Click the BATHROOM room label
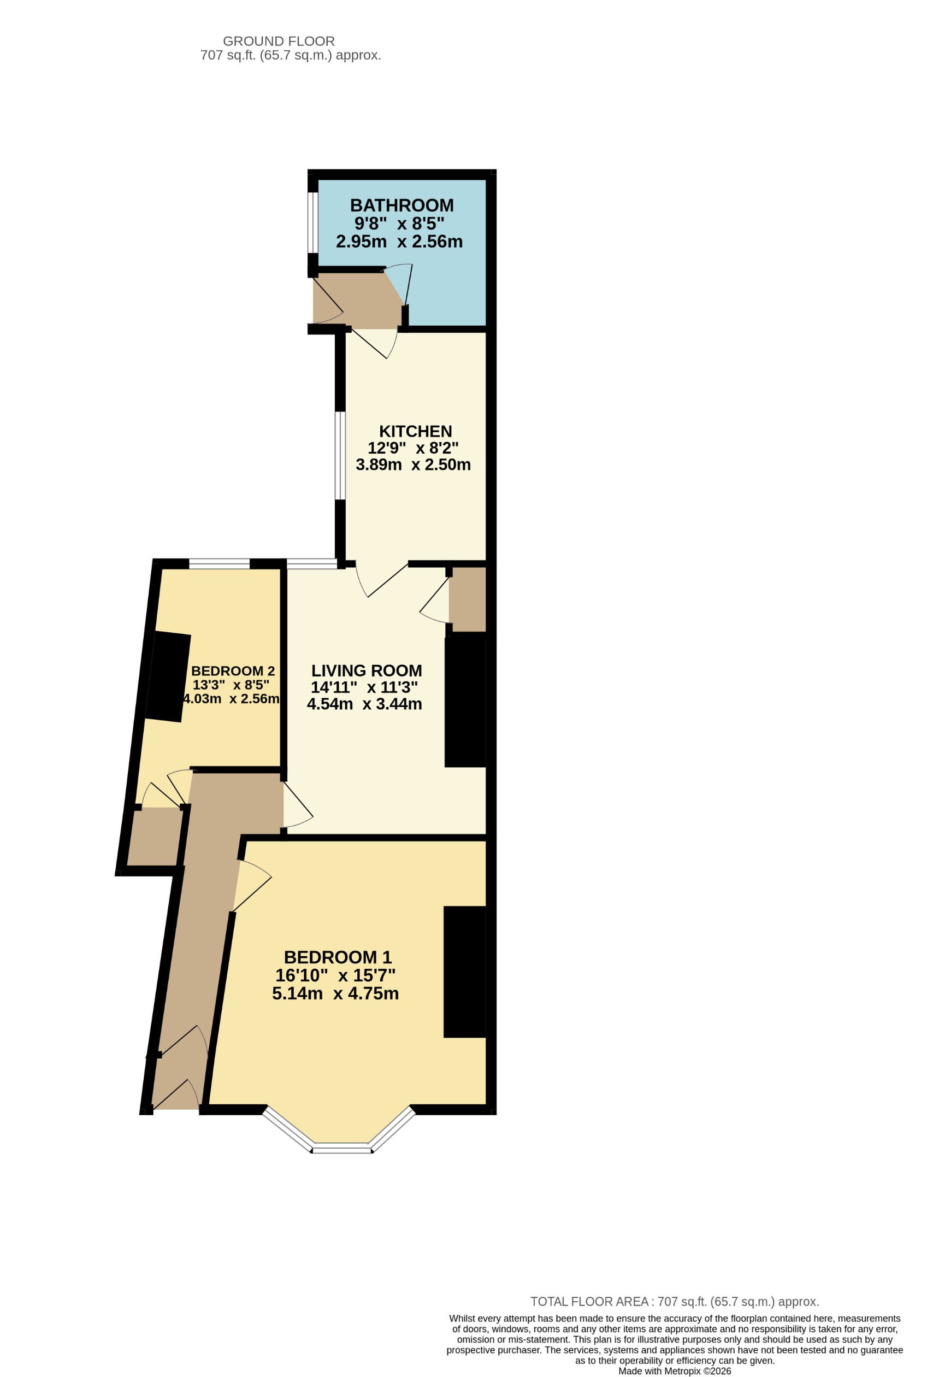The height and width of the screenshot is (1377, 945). [x=401, y=205]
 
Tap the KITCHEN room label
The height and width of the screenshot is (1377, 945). [x=415, y=431]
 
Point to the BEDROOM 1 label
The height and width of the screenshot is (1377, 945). [x=338, y=957]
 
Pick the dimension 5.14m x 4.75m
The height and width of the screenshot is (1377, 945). [x=335, y=993]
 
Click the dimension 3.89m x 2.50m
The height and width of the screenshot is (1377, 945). [x=413, y=464]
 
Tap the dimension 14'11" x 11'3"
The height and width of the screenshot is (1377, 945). [x=364, y=687]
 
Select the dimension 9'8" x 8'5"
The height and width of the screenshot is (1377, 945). [x=399, y=223]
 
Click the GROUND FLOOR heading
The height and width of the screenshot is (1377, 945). [x=279, y=42]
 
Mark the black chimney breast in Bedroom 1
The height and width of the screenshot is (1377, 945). [x=465, y=972]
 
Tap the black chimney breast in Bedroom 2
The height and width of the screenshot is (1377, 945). [x=168, y=676]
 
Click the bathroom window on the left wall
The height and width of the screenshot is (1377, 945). [x=313, y=222]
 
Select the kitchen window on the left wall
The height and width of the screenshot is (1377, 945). [x=340, y=456]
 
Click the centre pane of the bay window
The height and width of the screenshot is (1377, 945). [x=342, y=1150]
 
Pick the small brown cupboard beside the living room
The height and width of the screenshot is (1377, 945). [x=468, y=599]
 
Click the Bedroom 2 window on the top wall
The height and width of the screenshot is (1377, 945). [x=219, y=564]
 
